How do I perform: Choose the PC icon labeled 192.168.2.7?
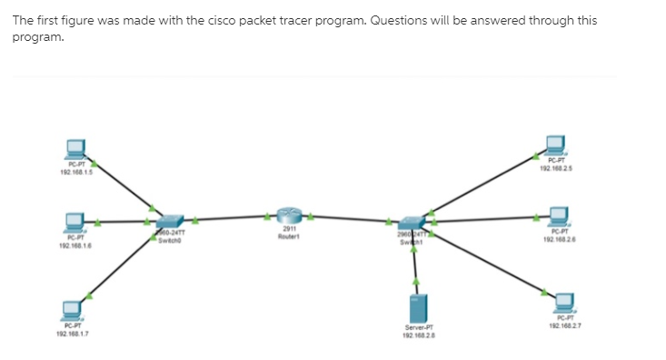(x=564, y=301)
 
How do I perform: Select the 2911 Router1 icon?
(x=289, y=216)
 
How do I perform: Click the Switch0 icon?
(x=169, y=221)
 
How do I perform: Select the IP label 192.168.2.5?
(x=554, y=167)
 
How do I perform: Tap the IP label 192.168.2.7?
(x=564, y=324)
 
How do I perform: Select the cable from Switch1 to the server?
(x=416, y=259)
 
